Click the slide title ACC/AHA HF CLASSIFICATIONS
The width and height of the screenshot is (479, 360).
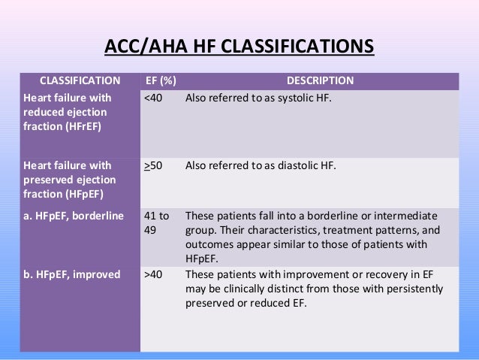[239, 47]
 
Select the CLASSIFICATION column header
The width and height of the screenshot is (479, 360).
[80, 80]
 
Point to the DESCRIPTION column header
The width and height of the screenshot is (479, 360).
[321, 80]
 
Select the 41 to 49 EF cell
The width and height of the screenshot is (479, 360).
[155, 222]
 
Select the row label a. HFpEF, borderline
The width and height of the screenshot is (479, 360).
[72, 216]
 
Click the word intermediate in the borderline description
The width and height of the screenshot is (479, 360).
[409, 216]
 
